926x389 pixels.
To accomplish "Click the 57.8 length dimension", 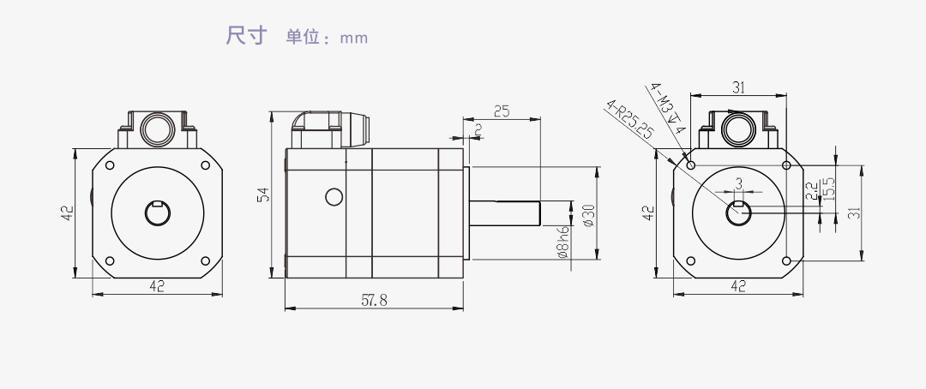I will coord(375,300).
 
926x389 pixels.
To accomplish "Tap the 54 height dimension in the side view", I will coord(264,195).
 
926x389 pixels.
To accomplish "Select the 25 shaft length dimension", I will coord(502,111).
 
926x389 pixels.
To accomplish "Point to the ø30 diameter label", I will coord(588,214).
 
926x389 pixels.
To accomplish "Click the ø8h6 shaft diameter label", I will coord(563,242).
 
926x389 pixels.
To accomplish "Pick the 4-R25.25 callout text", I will coord(630,119).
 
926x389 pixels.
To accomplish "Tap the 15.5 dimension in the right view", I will coord(828,187).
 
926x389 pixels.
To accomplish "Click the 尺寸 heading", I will coord(247,36).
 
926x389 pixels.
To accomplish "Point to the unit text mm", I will coord(353,38).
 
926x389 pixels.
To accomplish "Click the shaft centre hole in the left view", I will coord(157,213).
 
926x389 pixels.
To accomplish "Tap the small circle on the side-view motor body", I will coord(334,198).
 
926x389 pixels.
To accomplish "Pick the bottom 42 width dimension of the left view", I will coord(157,286).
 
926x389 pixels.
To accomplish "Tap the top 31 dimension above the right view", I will coord(738,87).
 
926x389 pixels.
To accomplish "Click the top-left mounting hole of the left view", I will coord(109,165).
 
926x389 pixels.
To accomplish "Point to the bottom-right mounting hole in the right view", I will coord(785,260).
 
